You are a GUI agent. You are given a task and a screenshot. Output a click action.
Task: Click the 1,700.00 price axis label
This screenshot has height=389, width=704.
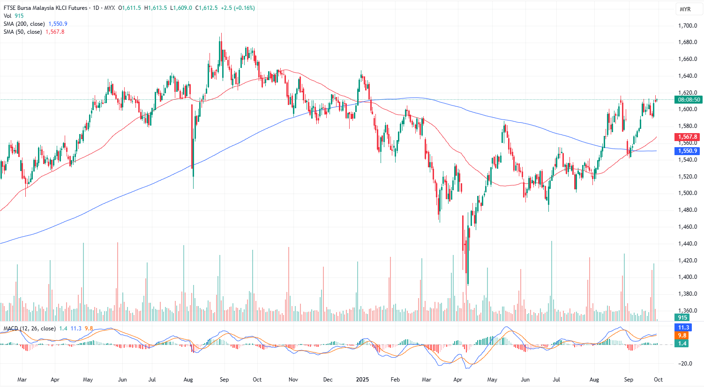click(688, 26)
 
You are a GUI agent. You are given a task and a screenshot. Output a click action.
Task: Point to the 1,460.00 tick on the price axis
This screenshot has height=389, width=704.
click(688, 227)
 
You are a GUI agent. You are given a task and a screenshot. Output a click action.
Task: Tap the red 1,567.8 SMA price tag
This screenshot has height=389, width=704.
click(687, 137)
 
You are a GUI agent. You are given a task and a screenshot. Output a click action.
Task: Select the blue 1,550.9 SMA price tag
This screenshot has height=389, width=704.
click(687, 151)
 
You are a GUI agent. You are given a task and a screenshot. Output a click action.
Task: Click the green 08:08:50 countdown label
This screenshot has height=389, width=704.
click(689, 100)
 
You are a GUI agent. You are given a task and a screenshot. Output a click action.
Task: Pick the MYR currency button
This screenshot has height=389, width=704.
click(685, 9)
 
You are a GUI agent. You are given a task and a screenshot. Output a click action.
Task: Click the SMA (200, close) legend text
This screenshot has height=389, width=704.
click(24, 24)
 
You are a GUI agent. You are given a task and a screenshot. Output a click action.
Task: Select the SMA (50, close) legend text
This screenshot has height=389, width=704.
click(23, 32)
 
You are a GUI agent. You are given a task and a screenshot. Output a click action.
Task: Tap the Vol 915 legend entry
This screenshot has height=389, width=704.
click(14, 16)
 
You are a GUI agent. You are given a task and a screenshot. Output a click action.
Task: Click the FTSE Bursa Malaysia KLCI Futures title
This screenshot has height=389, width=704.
click(45, 8)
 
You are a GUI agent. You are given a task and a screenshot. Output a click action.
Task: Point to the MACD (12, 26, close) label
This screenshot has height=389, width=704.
click(30, 329)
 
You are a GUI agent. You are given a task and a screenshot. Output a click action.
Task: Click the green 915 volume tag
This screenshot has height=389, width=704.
click(682, 318)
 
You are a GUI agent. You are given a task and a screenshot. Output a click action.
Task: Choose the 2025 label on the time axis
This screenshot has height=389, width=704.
click(362, 380)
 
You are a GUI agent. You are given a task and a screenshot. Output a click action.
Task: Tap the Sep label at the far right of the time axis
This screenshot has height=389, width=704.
click(629, 380)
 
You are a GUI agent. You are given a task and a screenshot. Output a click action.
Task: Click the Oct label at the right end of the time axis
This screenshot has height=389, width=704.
click(658, 380)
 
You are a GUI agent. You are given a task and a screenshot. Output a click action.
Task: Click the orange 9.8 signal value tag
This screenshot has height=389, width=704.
click(682, 336)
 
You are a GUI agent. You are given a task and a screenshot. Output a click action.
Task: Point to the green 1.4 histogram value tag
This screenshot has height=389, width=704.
click(682, 344)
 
